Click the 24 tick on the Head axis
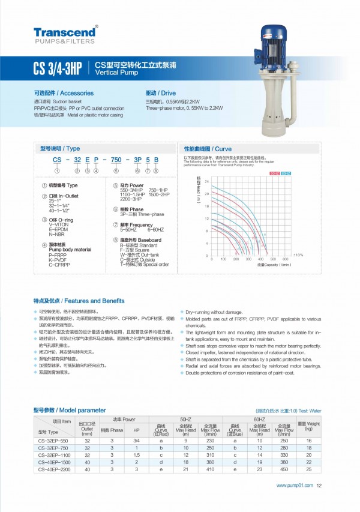(207, 181)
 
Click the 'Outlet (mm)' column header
(87, 426)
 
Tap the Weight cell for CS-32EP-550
(308, 441)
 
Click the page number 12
(319, 486)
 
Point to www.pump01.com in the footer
(295, 486)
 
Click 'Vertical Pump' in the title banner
(112, 70)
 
